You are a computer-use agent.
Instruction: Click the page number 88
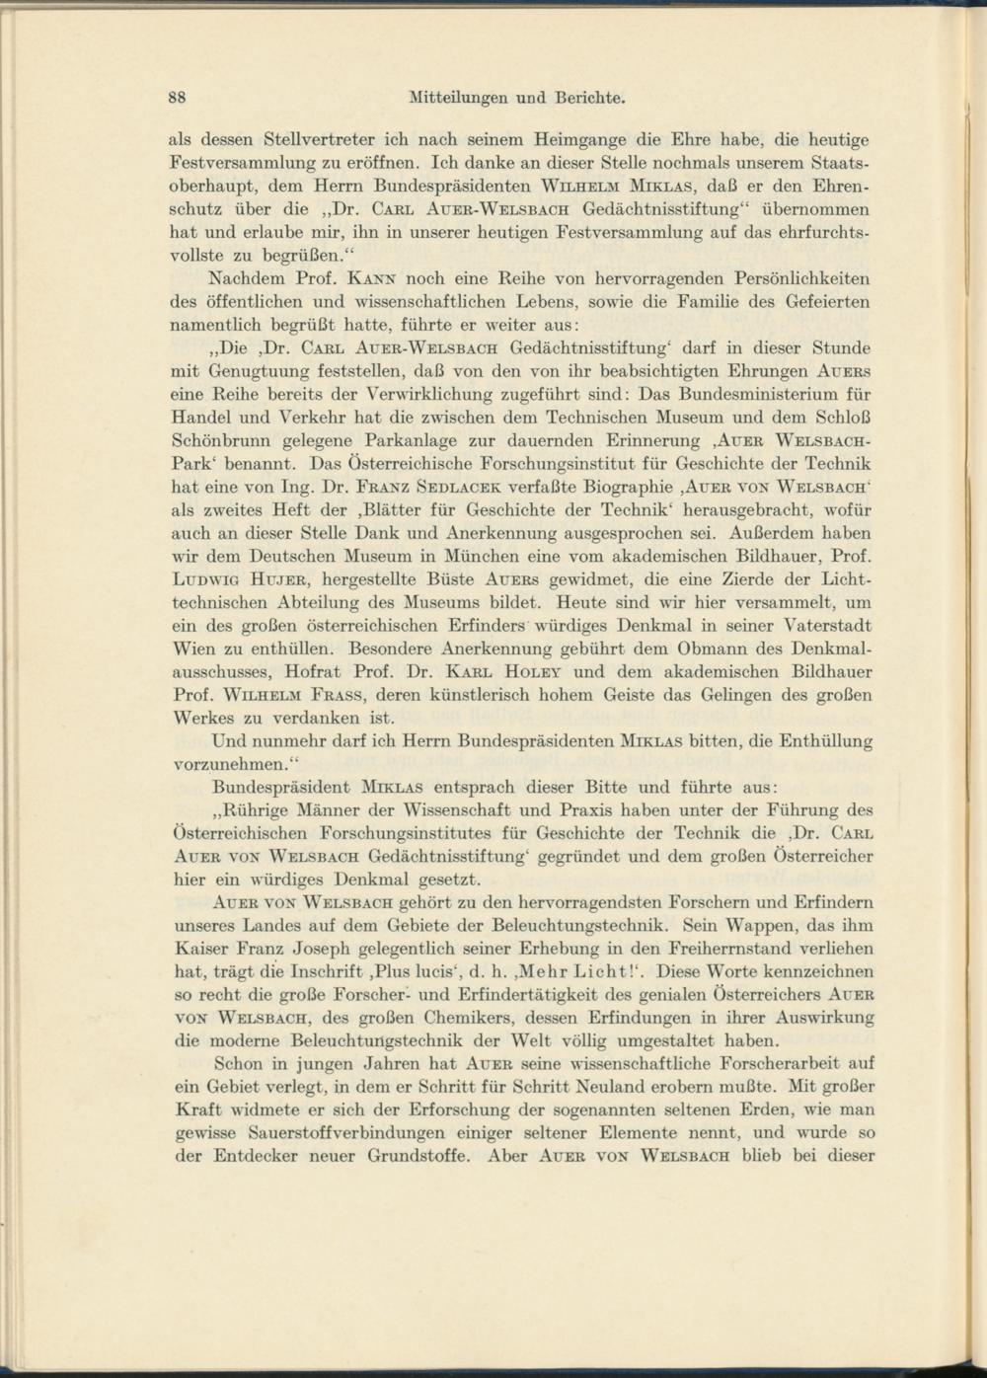[179, 98]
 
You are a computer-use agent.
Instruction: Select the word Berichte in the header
[590, 98]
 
